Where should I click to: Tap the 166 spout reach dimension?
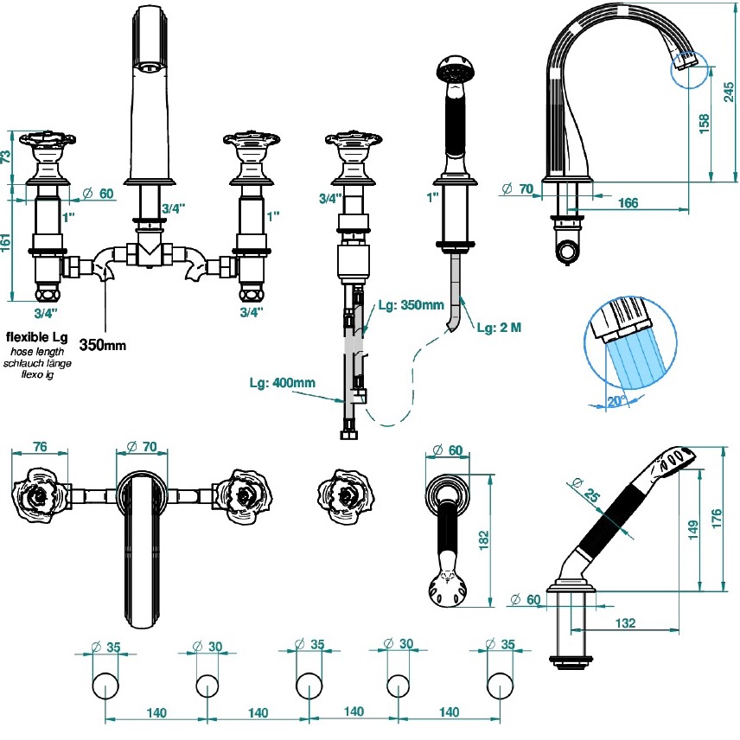(628, 203)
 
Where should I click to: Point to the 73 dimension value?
(6, 156)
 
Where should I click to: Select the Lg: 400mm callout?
(282, 383)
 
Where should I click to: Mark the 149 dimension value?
(692, 528)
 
